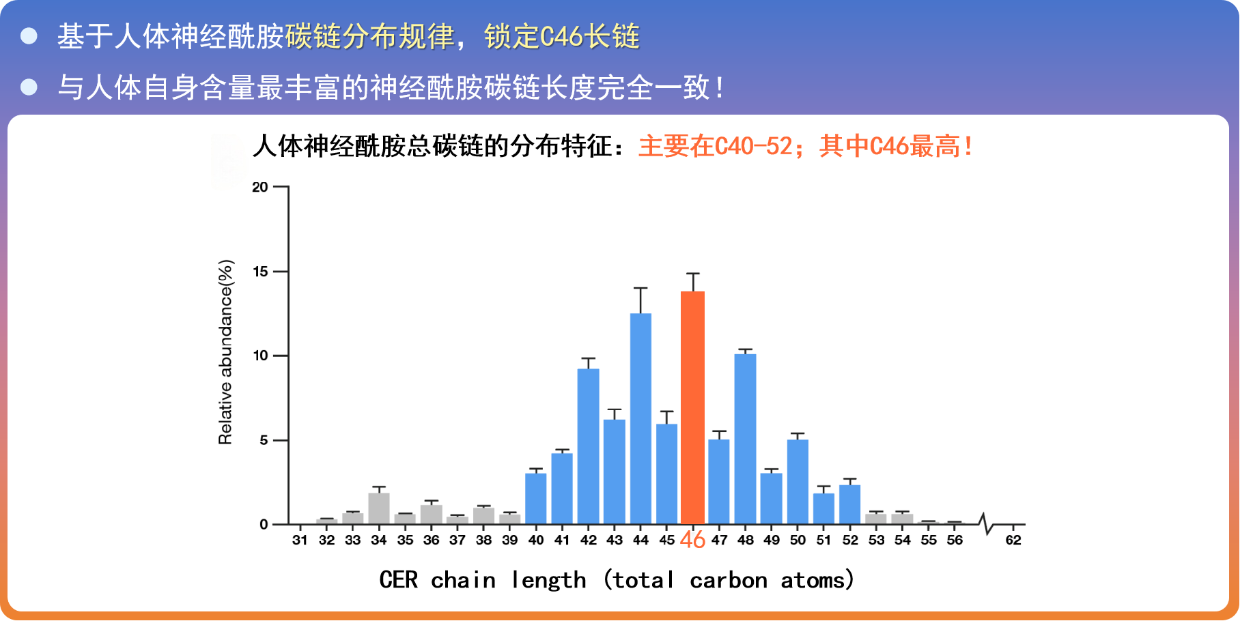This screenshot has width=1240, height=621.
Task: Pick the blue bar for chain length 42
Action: point(588,446)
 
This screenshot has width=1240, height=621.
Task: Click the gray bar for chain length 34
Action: point(379,508)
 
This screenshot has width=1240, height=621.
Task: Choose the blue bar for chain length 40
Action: point(536,499)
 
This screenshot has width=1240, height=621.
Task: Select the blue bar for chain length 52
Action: point(849,504)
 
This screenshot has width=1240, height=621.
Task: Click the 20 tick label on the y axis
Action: point(260,187)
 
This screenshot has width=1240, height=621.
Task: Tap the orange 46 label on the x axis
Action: point(692,540)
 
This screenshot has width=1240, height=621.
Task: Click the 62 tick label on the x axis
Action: point(1013,540)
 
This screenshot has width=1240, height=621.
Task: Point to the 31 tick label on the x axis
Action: point(300,540)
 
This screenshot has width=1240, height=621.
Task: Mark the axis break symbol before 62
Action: point(985,523)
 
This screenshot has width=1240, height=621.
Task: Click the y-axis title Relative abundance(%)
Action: point(225,352)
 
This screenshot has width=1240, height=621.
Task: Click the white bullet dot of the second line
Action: point(29,87)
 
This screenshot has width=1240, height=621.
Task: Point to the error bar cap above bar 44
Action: point(640,288)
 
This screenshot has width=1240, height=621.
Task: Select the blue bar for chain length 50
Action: point(798,482)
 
